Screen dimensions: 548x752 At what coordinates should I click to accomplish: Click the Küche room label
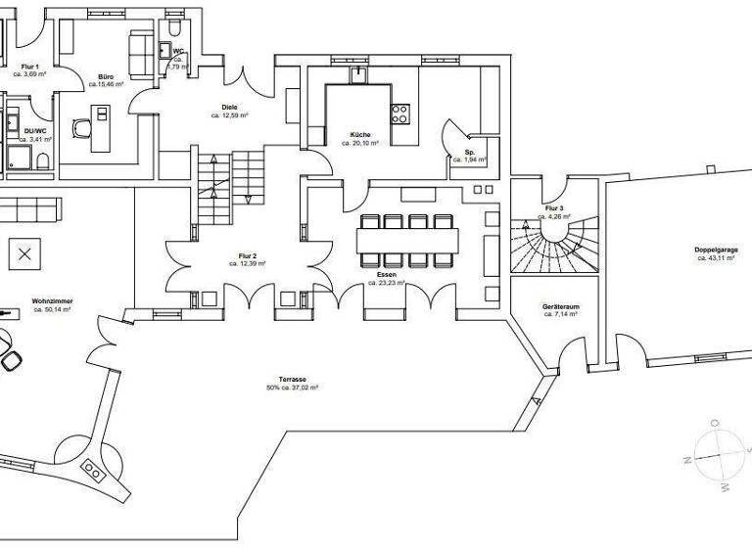[x=360, y=134]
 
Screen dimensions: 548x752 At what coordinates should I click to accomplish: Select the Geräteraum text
[x=560, y=306]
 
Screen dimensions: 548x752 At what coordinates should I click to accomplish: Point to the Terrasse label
[x=293, y=379]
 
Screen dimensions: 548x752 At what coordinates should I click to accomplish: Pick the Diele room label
[x=229, y=107]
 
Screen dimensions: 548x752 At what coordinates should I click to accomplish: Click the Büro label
[x=106, y=76]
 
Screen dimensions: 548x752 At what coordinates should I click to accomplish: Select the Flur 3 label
[x=554, y=207]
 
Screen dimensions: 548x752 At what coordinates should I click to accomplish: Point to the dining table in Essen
[x=406, y=240]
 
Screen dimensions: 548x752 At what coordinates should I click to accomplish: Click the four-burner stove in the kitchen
[x=399, y=114]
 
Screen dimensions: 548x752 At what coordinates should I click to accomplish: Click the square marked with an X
[x=24, y=255]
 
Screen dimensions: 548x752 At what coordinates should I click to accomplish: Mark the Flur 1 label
[x=30, y=66]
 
